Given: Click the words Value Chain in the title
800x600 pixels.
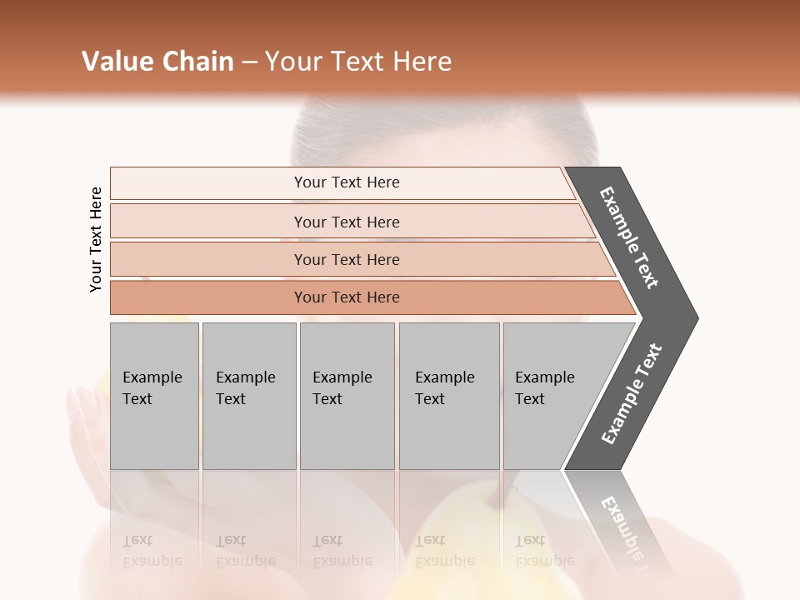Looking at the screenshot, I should click(157, 62).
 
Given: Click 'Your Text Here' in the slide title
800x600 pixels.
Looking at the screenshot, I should click(358, 62).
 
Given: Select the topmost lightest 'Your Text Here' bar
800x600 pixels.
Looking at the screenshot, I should click(346, 182).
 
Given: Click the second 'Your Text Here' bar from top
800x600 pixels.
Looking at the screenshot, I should click(346, 222).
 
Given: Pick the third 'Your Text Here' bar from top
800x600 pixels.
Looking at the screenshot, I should click(346, 259).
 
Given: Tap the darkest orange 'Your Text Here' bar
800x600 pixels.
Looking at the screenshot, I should click(346, 297).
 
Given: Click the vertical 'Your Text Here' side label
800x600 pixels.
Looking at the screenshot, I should click(96, 239).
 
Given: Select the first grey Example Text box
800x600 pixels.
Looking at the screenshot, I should click(154, 395).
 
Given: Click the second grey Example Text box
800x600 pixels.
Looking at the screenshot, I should click(248, 395).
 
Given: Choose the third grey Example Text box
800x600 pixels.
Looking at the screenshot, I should click(347, 395).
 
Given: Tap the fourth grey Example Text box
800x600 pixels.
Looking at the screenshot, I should click(448, 395).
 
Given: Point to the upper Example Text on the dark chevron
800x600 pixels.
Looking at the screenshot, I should click(629, 237).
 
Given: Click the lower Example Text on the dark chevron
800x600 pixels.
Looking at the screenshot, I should click(631, 394).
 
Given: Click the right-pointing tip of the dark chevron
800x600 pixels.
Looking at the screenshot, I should click(692, 317).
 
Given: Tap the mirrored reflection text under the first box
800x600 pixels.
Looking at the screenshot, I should click(152, 551).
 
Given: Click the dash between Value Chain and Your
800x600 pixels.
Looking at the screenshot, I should click(249, 62).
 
